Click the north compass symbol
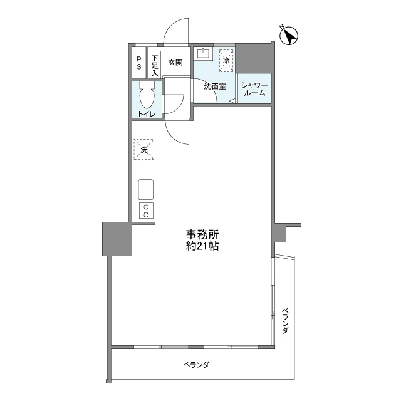(289, 36)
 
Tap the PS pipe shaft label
(139, 63)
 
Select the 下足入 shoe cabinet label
(155, 65)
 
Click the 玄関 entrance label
(175, 62)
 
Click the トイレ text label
(147, 114)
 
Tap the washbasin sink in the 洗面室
(203, 53)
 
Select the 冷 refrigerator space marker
(226, 61)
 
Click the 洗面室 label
(215, 86)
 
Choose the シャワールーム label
(255, 89)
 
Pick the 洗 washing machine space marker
(143, 150)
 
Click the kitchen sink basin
(146, 189)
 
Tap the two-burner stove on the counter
(146, 211)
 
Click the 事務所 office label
(202, 234)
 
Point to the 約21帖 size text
(202, 246)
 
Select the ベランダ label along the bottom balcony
(196, 365)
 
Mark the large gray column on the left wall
(117, 239)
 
